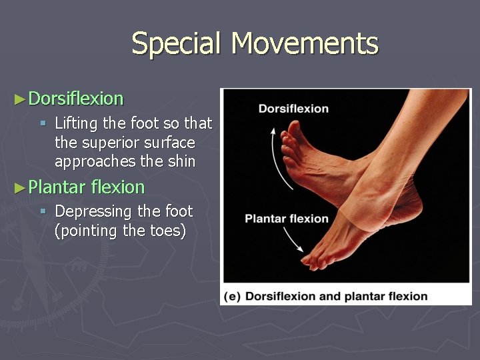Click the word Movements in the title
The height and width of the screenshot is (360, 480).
tap(305, 44)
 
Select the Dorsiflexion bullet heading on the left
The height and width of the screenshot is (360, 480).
tap(76, 99)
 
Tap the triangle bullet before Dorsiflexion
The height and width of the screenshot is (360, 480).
tap(19, 99)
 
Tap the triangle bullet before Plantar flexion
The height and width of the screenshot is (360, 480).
tap(19, 187)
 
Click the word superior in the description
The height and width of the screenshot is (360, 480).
tap(105, 143)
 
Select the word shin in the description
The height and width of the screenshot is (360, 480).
tap(181, 162)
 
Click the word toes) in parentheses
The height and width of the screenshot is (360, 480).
tap(166, 231)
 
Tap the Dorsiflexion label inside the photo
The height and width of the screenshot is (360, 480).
tap(293, 109)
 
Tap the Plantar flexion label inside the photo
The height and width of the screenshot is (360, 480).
tap(287, 219)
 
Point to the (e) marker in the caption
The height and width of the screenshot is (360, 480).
tap(233, 296)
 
